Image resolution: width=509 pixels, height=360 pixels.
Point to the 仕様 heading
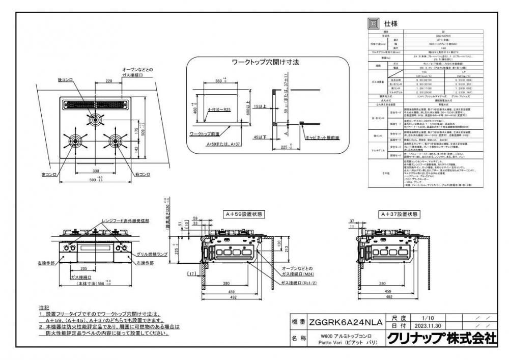point(390,23)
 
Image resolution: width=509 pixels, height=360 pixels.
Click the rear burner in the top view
point(94,119)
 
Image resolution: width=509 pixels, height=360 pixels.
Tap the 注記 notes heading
point(44,309)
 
